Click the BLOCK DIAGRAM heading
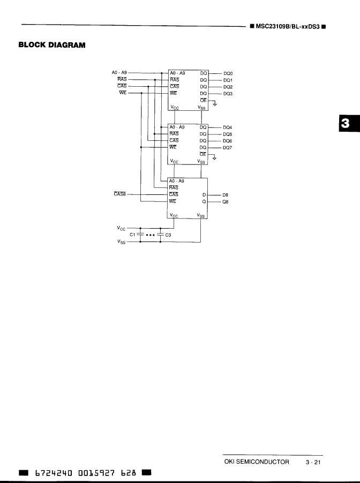point(52,44)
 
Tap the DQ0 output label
point(228,73)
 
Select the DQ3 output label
point(228,93)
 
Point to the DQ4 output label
point(228,127)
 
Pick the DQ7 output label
point(228,147)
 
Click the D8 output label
point(225,195)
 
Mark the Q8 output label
point(225,202)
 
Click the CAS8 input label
point(119,195)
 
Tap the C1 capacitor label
point(133,235)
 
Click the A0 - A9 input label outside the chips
point(119,73)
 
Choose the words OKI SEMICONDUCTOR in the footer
point(256,462)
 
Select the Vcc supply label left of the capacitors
point(121,228)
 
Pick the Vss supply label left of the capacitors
point(121,242)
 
